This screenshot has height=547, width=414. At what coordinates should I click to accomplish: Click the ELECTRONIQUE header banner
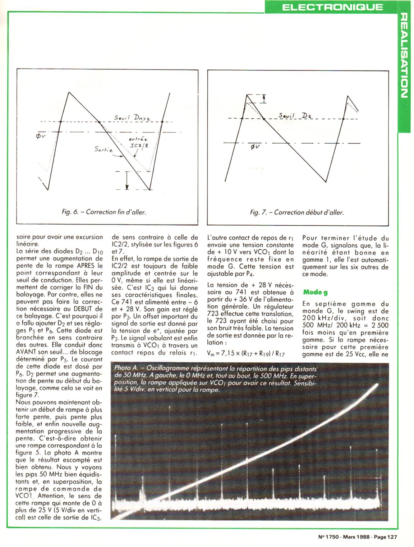(332, 7)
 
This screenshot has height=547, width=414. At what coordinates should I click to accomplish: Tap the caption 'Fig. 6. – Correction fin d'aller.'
(104, 212)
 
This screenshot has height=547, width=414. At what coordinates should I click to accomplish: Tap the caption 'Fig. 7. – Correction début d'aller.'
(297, 212)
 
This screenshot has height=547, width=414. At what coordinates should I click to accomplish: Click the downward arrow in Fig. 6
(127, 180)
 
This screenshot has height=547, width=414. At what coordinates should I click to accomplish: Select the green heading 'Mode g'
(315, 292)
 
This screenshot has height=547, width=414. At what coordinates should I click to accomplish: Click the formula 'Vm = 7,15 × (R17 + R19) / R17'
(246, 354)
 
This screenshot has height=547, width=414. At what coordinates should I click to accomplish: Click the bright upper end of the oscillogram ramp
(376, 385)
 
